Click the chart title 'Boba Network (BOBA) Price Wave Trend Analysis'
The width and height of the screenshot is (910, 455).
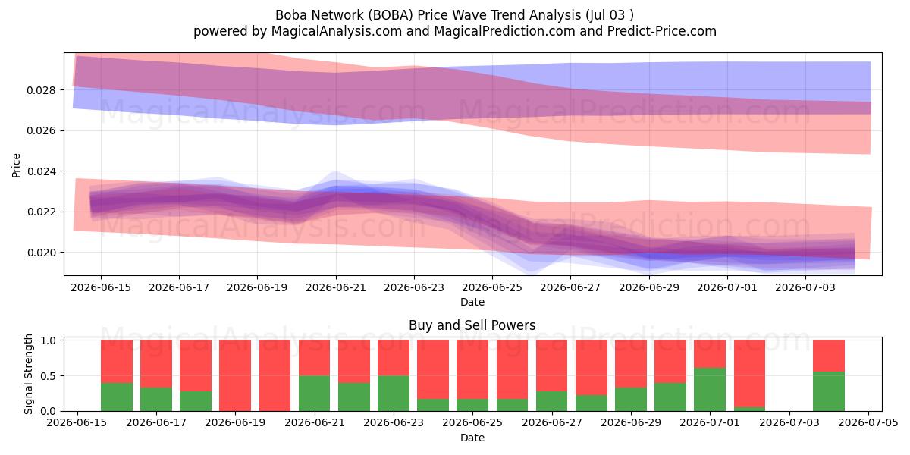point(428,15)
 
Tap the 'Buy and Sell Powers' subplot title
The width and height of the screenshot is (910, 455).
point(472,325)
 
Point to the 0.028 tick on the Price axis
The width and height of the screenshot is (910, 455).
point(40,90)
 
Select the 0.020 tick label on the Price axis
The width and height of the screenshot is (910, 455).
point(40,253)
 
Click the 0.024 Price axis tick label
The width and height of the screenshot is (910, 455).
point(40,171)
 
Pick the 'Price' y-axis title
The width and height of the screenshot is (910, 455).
point(16,165)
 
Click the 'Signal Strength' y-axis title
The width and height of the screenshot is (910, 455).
point(28,374)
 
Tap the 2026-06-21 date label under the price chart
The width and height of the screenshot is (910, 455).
point(336,287)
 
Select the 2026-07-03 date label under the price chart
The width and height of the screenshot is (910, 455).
point(805,287)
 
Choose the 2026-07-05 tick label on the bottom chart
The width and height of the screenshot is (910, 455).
point(868,422)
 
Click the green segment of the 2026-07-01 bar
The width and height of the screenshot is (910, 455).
point(710,390)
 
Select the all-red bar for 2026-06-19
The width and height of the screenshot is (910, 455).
point(235,375)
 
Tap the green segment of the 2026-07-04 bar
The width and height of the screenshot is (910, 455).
point(829,391)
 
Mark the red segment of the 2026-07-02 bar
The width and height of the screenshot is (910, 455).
point(749,374)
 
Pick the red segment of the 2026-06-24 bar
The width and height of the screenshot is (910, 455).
point(433,370)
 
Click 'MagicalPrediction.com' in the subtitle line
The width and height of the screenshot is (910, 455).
point(504,31)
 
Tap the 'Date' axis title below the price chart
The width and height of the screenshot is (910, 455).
point(472,303)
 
